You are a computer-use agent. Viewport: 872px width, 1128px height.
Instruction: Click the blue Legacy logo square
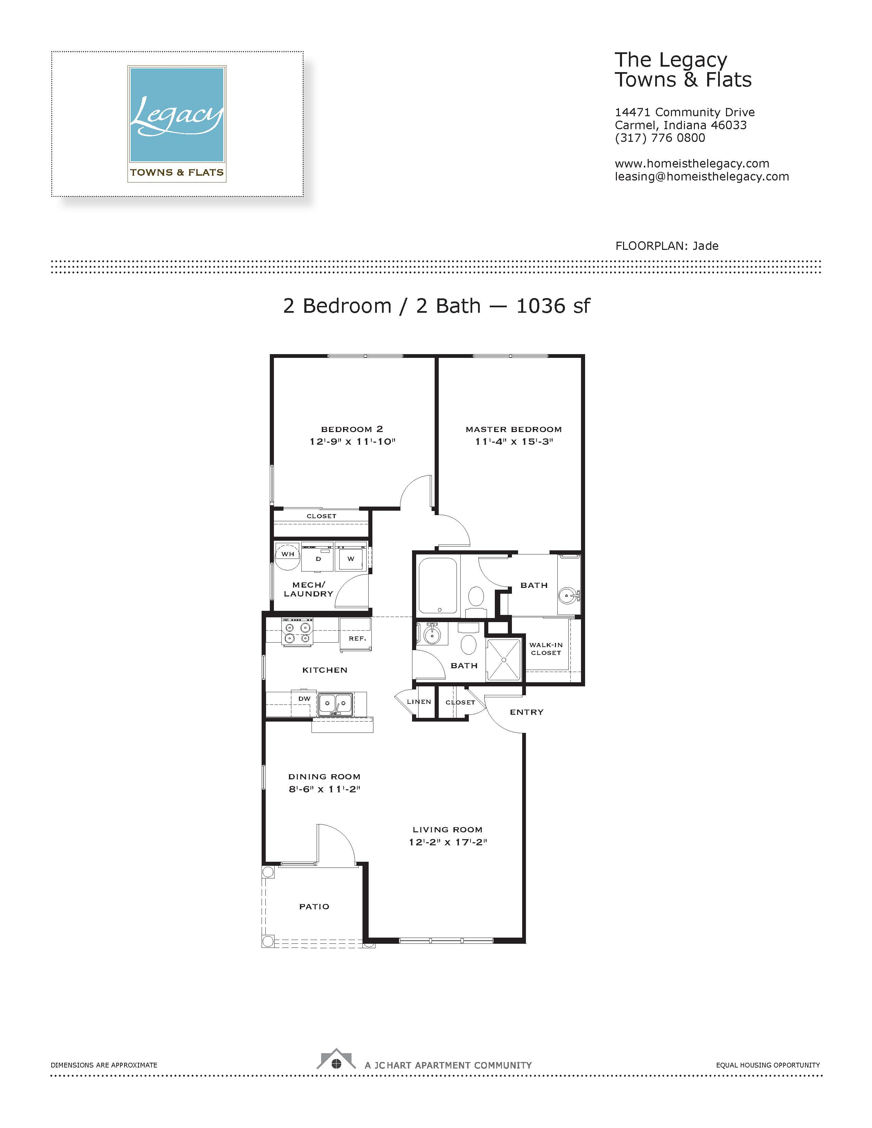click(x=177, y=114)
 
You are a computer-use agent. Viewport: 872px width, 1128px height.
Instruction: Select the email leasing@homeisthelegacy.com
click(x=701, y=177)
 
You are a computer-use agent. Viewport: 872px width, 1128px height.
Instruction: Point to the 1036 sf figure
click(x=553, y=306)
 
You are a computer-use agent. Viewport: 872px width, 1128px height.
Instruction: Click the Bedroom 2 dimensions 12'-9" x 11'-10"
click(x=352, y=442)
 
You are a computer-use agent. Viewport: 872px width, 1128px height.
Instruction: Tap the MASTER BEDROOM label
click(x=514, y=429)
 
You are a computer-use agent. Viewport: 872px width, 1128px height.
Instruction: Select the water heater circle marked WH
click(x=287, y=556)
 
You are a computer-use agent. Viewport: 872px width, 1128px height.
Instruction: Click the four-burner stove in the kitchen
click(x=297, y=632)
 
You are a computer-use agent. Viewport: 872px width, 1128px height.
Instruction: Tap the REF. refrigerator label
click(x=357, y=639)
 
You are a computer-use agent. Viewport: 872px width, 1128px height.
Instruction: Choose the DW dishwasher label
click(x=304, y=699)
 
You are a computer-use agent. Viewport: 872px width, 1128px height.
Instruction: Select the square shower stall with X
click(x=504, y=660)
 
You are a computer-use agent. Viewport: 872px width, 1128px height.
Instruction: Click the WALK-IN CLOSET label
click(x=546, y=649)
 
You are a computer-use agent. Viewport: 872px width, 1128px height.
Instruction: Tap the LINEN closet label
click(x=419, y=702)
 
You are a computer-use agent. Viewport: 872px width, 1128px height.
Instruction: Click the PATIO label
click(x=314, y=907)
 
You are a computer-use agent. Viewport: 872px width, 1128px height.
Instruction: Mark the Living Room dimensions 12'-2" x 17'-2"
click(x=448, y=842)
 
